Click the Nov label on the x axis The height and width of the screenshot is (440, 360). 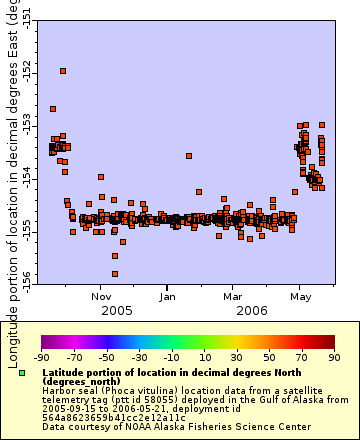(x=101, y=296)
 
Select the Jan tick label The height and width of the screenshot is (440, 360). (x=168, y=296)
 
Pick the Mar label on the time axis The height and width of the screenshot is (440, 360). (x=232, y=296)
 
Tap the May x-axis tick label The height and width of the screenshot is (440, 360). (x=299, y=296)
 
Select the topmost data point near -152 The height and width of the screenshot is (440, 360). (x=63, y=71)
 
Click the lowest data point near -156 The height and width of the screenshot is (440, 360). (x=115, y=273)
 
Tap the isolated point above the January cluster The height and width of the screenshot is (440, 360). (x=189, y=155)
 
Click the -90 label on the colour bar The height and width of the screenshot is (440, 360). (x=42, y=355)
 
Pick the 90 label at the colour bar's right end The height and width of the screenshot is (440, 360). (x=333, y=355)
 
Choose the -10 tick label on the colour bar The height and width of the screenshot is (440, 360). (x=171, y=355)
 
